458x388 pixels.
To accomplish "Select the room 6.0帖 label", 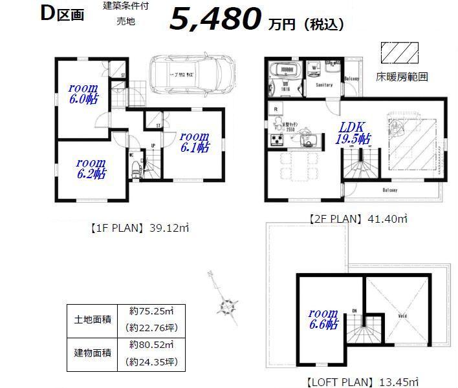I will pyautogui.click(x=84, y=93).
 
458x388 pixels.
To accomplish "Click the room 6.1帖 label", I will pyautogui.click(x=194, y=141).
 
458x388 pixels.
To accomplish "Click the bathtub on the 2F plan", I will pyautogui.click(x=285, y=70).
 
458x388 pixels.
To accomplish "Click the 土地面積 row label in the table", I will pyautogui.click(x=93, y=318).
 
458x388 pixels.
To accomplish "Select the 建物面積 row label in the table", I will pyautogui.click(x=93, y=353).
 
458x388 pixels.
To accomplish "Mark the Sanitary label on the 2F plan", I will pyautogui.click(x=323, y=85).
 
